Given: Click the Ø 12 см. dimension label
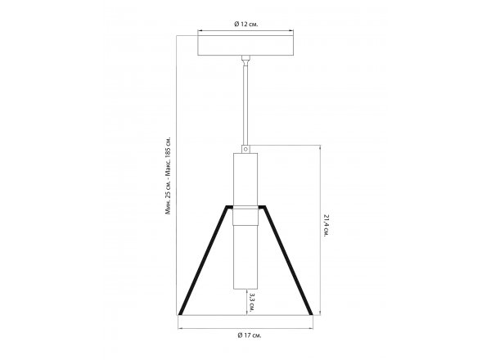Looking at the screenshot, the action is (246, 24).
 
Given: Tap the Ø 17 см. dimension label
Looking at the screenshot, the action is (250, 335).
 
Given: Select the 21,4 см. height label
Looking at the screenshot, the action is (327, 225).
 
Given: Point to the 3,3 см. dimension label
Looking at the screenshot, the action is (251, 302).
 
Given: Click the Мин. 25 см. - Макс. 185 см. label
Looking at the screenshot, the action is (169, 175).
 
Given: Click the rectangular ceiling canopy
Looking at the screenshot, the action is (245, 45).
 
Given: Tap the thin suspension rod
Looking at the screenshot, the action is (245, 103).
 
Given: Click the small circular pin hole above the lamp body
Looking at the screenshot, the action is (245, 149).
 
